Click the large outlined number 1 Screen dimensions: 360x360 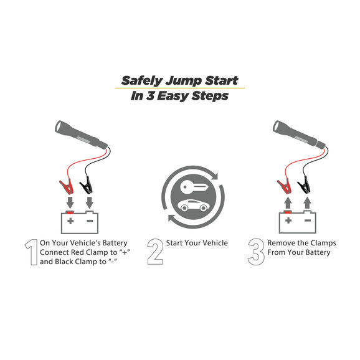pos(33,252)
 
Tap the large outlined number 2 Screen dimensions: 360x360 pos(155,252)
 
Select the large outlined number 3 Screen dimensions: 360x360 pos(256,252)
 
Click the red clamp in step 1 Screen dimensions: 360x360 pos(67,187)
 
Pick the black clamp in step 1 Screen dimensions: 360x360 pos(87,185)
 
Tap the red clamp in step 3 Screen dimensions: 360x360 pos(285,187)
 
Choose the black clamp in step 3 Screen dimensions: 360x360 pos(304,185)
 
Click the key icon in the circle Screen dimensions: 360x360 pos(194,187)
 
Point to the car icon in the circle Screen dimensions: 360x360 pos(193,206)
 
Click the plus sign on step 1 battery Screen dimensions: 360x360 pos(70,221)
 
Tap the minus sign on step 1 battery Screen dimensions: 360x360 pos(90,221)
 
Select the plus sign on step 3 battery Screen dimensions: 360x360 pos(288,220)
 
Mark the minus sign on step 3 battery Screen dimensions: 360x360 pos(308,220)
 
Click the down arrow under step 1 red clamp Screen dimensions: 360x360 pos(70,202)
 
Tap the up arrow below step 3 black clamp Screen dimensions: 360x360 pos(308,203)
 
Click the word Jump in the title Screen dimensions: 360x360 pos(184,81)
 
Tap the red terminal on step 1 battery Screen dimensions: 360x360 pos(70,212)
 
